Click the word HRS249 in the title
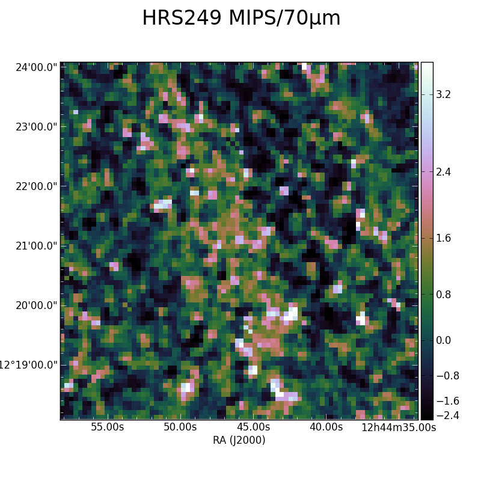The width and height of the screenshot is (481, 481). tap(182, 18)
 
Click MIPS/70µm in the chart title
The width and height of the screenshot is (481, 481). tap(284, 19)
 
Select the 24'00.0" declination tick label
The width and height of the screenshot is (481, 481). tap(37, 67)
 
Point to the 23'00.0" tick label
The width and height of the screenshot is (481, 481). tap(37, 127)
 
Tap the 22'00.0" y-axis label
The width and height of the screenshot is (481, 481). tap(37, 186)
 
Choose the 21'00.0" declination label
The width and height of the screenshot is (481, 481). tap(37, 246)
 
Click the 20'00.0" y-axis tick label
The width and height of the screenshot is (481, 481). tap(37, 305)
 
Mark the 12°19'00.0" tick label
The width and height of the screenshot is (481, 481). tap(28, 365)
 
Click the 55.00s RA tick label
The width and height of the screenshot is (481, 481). tap(108, 427)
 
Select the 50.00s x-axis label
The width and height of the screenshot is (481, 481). tap(180, 427)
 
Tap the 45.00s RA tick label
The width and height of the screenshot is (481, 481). tap(253, 427)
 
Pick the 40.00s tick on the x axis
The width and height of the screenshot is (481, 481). tap(326, 427)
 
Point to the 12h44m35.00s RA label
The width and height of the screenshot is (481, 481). tap(399, 427)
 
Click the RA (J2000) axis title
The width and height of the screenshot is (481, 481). tap(239, 440)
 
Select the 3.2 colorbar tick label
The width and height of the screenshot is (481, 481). tap(443, 94)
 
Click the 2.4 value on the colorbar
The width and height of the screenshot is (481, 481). tap(443, 172)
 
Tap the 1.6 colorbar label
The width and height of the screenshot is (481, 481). tap(443, 238)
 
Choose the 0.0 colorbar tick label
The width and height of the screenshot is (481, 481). tap(443, 340)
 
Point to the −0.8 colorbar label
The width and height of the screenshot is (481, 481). tap(447, 376)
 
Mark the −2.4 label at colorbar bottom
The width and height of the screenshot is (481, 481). tap(447, 415)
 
